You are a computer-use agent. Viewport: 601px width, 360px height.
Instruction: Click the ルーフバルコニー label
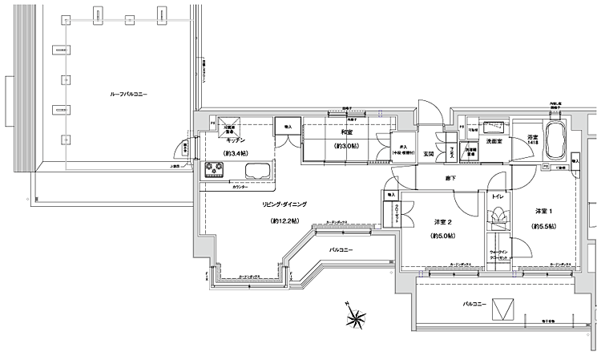click(x=128, y=95)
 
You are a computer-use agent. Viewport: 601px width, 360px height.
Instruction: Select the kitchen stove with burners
click(x=216, y=170)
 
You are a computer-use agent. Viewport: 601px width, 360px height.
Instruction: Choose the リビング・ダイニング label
click(x=284, y=205)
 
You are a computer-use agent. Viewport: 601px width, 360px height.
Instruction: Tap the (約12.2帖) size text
click(x=284, y=220)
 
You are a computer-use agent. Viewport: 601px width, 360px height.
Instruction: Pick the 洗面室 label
click(x=494, y=141)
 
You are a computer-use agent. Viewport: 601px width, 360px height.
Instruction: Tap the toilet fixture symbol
click(x=497, y=215)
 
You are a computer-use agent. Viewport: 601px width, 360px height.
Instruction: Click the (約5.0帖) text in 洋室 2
click(x=442, y=236)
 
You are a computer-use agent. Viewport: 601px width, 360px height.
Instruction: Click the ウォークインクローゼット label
click(x=498, y=255)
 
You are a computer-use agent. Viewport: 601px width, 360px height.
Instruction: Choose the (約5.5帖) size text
click(x=544, y=227)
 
